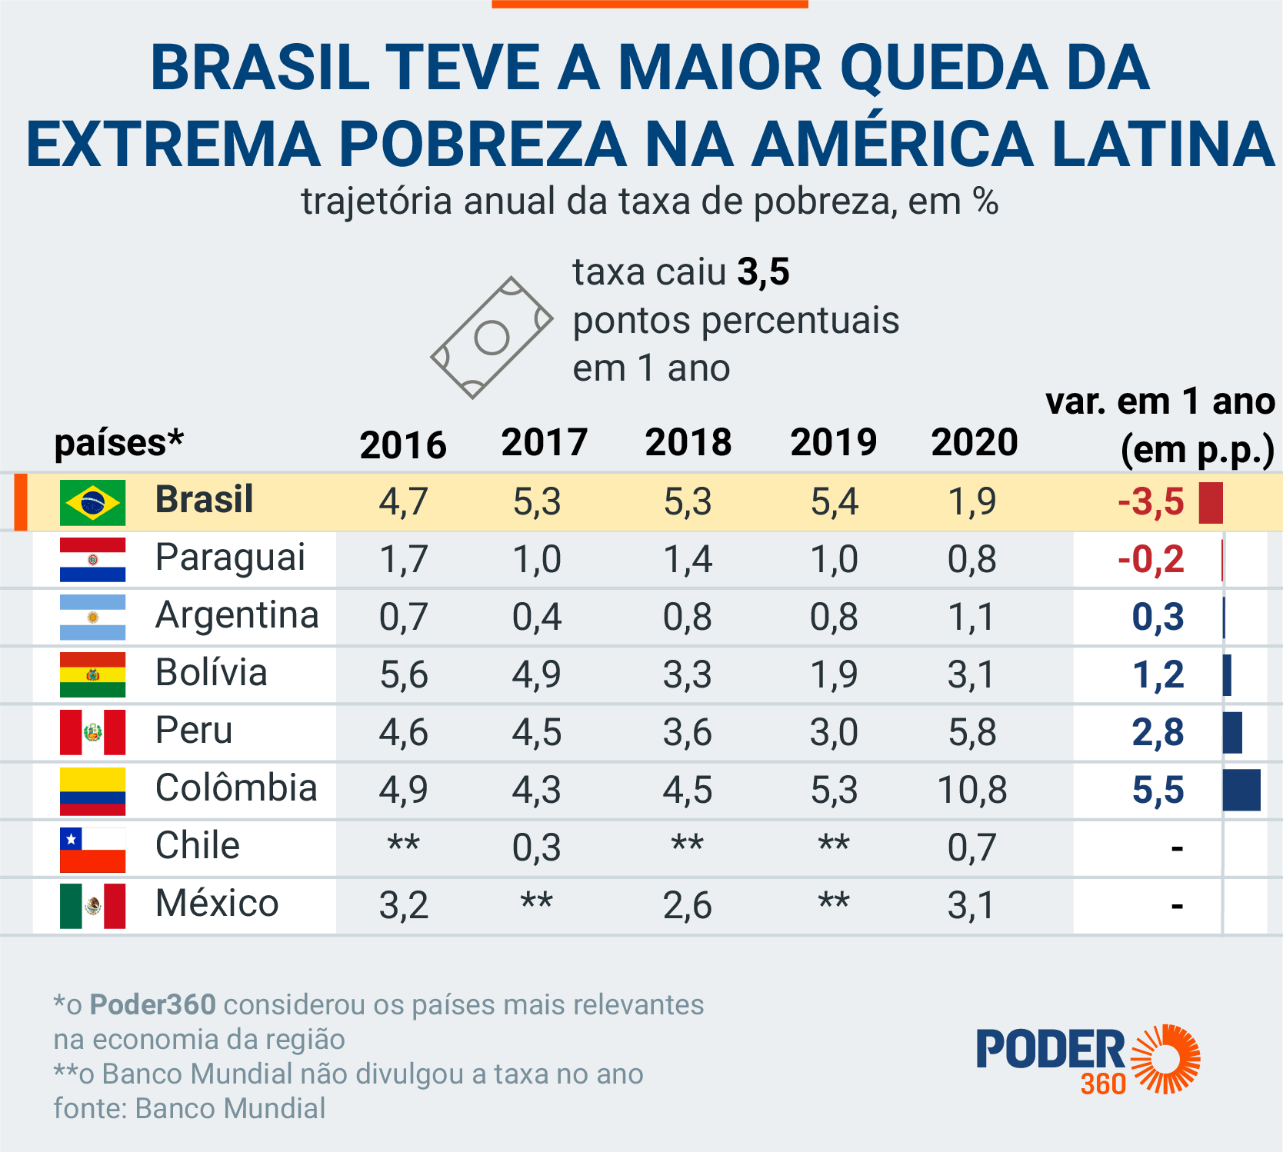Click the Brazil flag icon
pos(92,503)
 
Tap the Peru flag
pos(92,732)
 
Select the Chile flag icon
pos(92,849)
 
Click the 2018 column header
pos(688,443)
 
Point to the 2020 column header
pos(975,443)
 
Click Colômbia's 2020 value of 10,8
pos(972,790)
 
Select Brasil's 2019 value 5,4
pos(835,502)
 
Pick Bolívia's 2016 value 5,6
pos(404,674)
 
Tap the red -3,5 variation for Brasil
pos(1151,502)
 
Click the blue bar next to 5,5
pos(1241,790)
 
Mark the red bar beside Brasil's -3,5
pos(1211,503)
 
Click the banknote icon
pos(492,338)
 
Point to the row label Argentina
pos(237,615)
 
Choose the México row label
pos(217,904)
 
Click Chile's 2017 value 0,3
pos(537,847)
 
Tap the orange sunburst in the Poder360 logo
pos(1166,1058)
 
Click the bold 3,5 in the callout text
pos(763,272)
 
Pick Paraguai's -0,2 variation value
pos(1151,559)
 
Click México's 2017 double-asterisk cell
pos(537,901)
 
